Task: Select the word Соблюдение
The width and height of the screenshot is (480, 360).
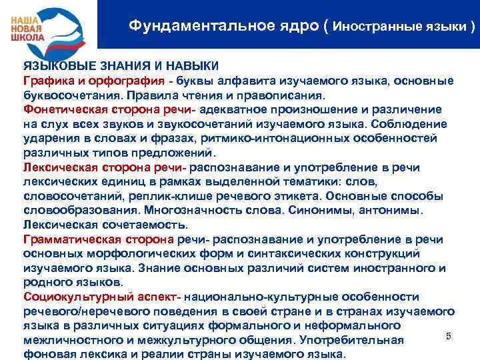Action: tap(407, 123)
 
